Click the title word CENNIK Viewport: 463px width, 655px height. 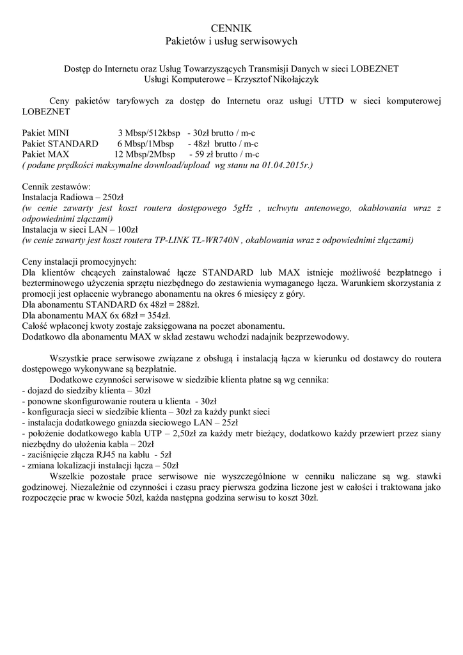[231, 28]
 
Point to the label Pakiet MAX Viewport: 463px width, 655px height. [45, 154]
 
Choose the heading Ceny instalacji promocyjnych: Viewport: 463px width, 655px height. [79, 261]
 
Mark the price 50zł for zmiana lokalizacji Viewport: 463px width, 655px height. [170, 466]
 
